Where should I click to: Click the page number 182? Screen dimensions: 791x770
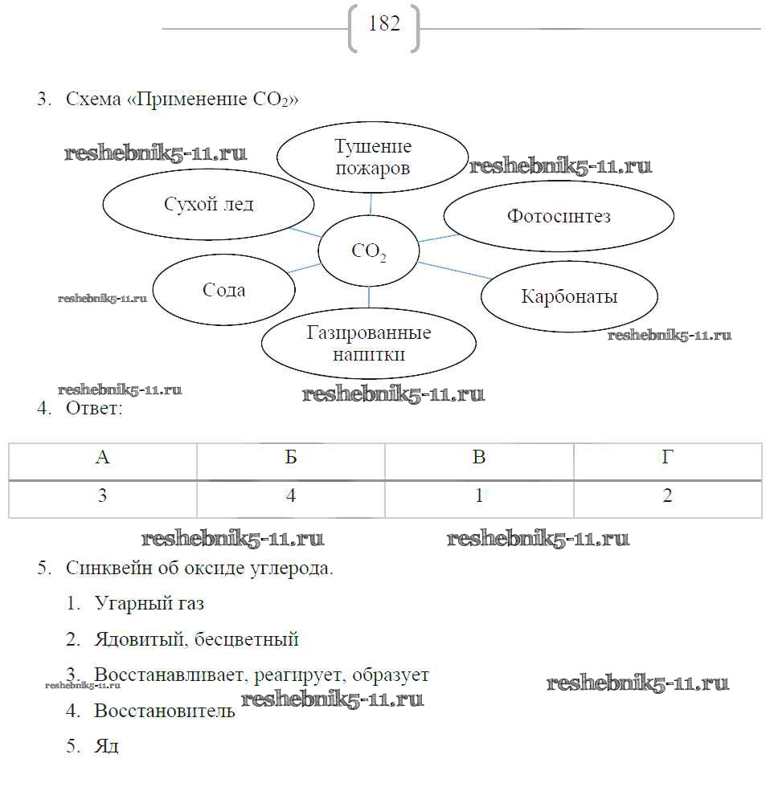(384, 25)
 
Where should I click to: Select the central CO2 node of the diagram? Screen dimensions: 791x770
(369, 252)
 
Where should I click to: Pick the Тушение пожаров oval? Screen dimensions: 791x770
(372, 157)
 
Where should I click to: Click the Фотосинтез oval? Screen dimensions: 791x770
(559, 216)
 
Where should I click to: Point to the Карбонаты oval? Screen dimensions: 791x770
(569, 296)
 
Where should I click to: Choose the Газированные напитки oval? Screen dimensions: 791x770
(368, 343)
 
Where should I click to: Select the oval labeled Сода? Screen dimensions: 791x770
(223, 290)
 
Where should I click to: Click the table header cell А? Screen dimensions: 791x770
(102, 459)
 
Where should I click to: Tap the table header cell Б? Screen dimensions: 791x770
(291, 459)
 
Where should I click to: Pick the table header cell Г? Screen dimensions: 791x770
(667, 459)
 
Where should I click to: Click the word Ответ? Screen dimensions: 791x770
(94, 410)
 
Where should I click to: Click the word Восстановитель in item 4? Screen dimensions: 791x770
(164, 711)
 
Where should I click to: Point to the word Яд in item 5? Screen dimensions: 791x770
(106, 746)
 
